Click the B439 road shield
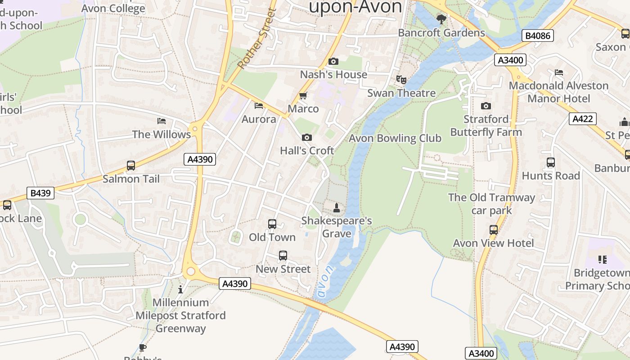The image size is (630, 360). [x=40, y=193]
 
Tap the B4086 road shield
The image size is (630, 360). [x=538, y=36]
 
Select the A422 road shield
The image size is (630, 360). [x=583, y=119]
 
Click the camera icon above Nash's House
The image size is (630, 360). [x=333, y=62]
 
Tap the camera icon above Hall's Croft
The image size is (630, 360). [x=307, y=138]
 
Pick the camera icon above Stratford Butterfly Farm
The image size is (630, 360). [x=486, y=106]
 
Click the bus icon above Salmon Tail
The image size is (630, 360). [x=131, y=166]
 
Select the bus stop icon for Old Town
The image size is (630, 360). [x=272, y=224]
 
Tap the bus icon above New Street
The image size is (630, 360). [x=283, y=256]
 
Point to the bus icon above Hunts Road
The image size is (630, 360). [x=551, y=162]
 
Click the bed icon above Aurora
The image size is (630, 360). [x=259, y=106]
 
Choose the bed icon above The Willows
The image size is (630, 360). [x=162, y=121]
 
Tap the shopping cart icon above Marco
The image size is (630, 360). [x=303, y=95]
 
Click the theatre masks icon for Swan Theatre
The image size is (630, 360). [x=401, y=80]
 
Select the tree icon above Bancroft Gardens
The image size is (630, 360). [x=441, y=19]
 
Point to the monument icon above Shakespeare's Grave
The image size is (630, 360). [x=336, y=207]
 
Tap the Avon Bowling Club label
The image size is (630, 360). [x=395, y=138]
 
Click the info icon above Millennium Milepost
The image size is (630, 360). [x=180, y=289]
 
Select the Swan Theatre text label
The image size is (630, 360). [x=401, y=93]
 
